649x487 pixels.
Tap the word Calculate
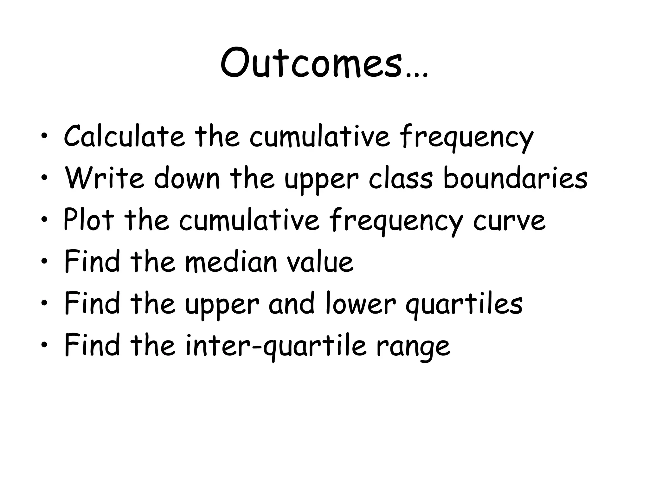pos(124,136)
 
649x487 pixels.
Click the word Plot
pos(88,219)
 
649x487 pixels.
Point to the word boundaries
pos(515,178)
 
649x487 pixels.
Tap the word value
pos(320,262)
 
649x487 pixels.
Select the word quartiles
pos(464,304)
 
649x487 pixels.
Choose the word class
pos(401,178)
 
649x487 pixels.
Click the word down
pos(187,178)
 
